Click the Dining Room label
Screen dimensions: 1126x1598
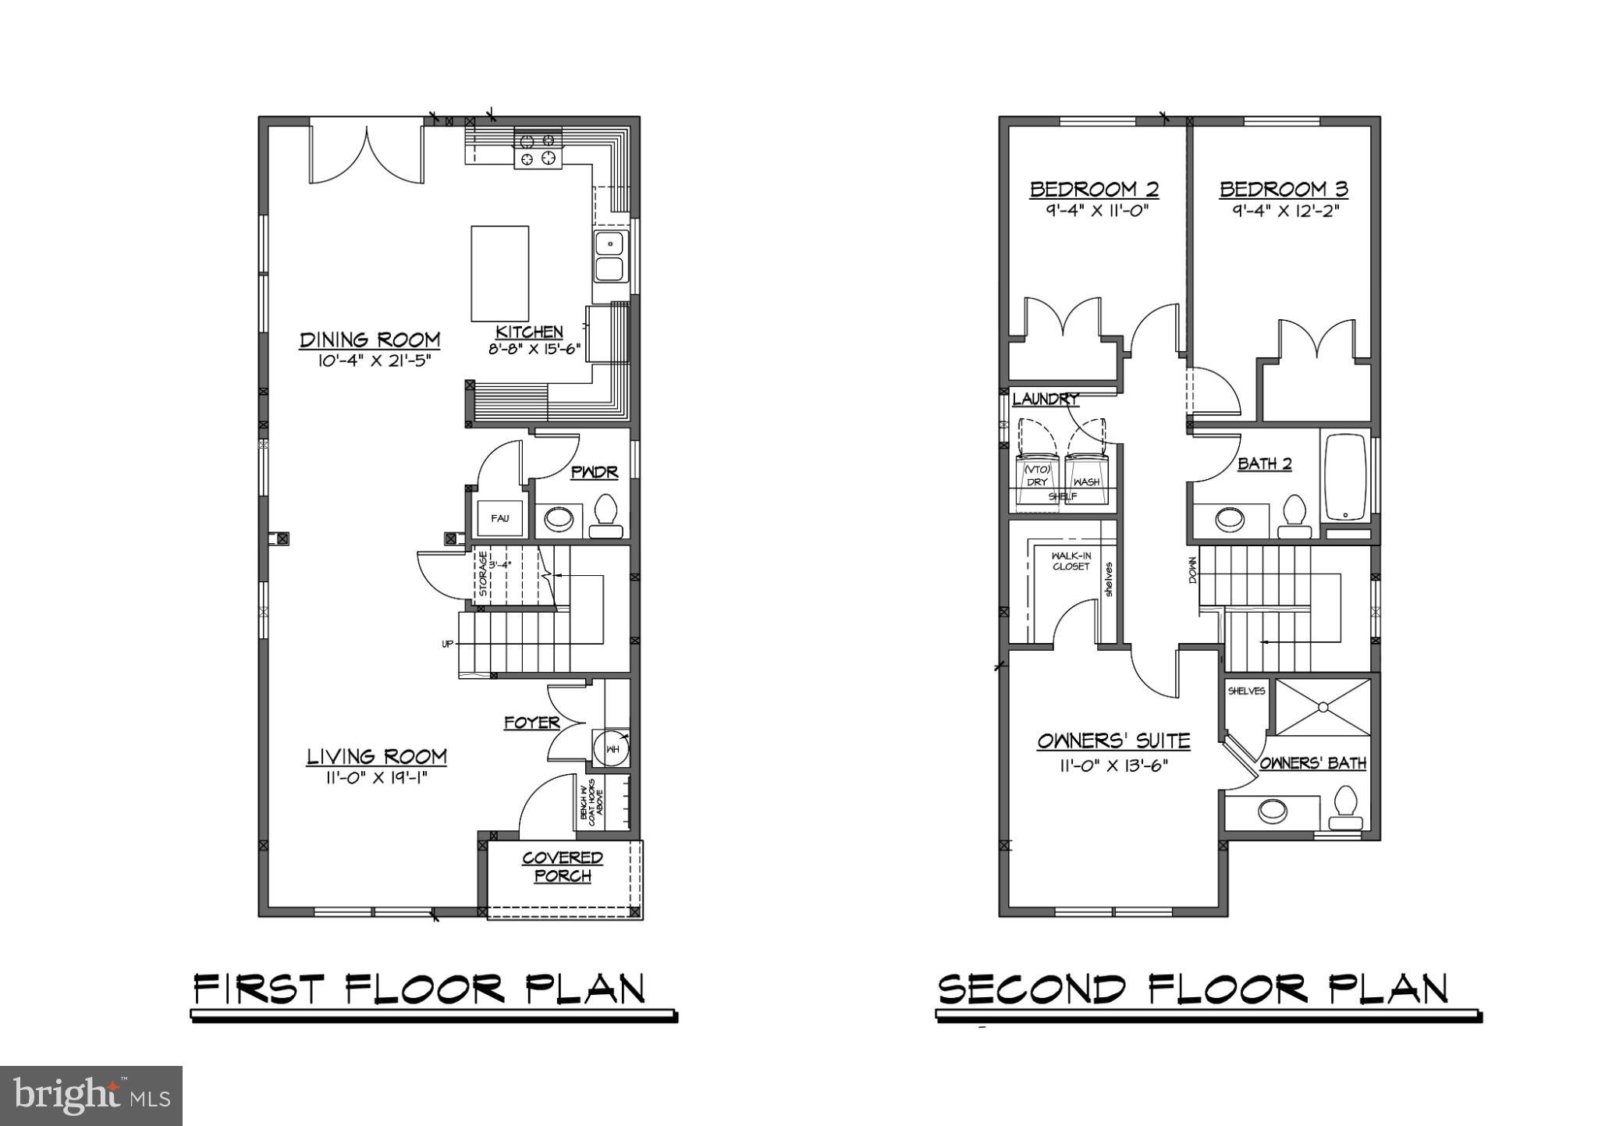click(x=370, y=339)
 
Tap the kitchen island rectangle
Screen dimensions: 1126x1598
click(x=499, y=273)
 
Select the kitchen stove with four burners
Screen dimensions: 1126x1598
click(x=538, y=149)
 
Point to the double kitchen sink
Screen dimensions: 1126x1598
click(x=610, y=256)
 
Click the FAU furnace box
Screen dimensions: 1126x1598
click(x=499, y=518)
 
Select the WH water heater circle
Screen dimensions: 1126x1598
click(x=611, y=748)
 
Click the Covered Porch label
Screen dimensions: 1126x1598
click(x=563, y=866)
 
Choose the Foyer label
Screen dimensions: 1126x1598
click(x=531, y=723)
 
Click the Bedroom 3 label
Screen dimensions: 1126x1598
click(x=1284, y=189)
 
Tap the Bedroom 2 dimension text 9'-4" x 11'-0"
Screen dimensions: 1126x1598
click(x=1094, y=210)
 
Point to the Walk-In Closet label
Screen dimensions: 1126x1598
click(x=1071, y=561)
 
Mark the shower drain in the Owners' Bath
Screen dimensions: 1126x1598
click(x=1323, y=707)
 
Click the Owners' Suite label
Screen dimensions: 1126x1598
click(x=1113, y=741)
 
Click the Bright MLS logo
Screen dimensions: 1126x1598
click(x=91, y=1096)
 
